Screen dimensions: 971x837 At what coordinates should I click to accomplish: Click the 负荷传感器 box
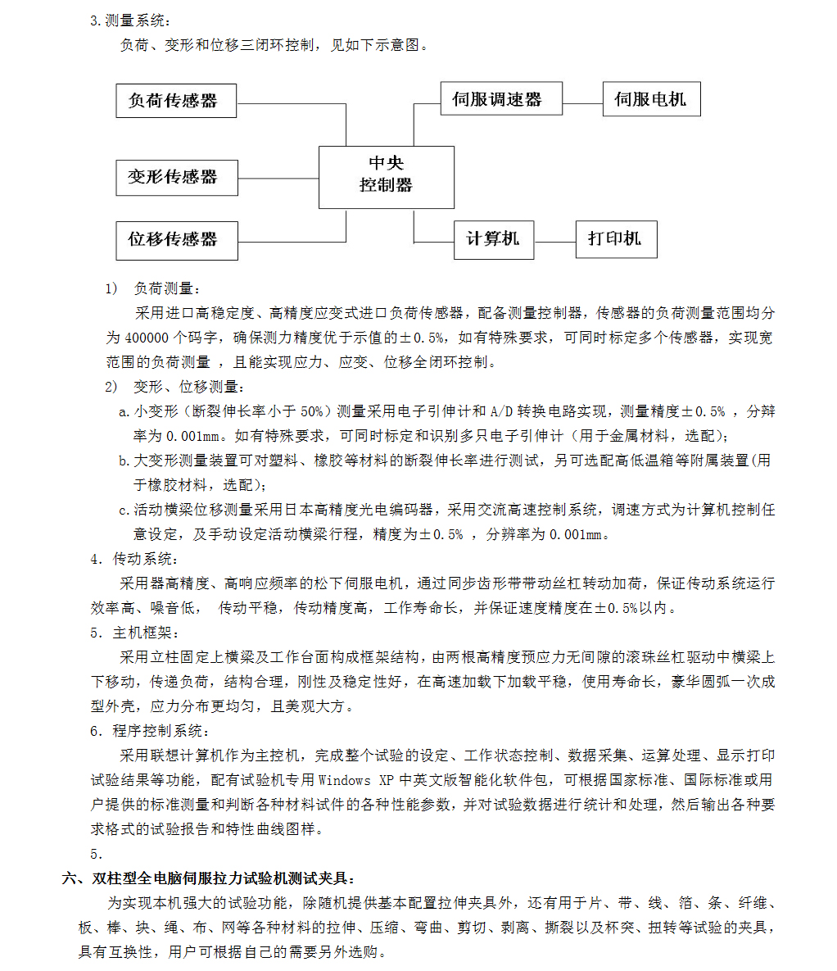point(176,101)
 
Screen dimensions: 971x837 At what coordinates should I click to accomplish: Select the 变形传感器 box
point(176,177)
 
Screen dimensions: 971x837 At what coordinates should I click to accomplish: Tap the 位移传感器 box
point(176,240)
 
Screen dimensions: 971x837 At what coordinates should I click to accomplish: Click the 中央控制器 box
point(386,176)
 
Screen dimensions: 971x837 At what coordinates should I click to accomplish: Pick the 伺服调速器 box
point(500,99)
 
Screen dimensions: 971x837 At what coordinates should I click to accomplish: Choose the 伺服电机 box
point(651,99)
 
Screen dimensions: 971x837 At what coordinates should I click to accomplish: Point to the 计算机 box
point(493,239)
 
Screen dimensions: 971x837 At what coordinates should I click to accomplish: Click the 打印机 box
point(616,239)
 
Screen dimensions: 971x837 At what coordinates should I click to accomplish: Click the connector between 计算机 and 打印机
point(554,242)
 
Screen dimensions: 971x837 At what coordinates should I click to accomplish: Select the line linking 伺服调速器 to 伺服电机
point(582,104)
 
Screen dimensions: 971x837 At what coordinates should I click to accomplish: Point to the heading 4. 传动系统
point(133,559)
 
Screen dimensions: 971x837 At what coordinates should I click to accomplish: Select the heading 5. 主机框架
point(134,633)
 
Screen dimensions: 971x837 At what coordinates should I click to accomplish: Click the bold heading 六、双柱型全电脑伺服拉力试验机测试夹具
point(209,878)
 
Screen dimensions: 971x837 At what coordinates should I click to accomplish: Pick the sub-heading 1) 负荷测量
point(152,288)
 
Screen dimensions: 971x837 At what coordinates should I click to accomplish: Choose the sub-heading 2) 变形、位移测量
point(174,387)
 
